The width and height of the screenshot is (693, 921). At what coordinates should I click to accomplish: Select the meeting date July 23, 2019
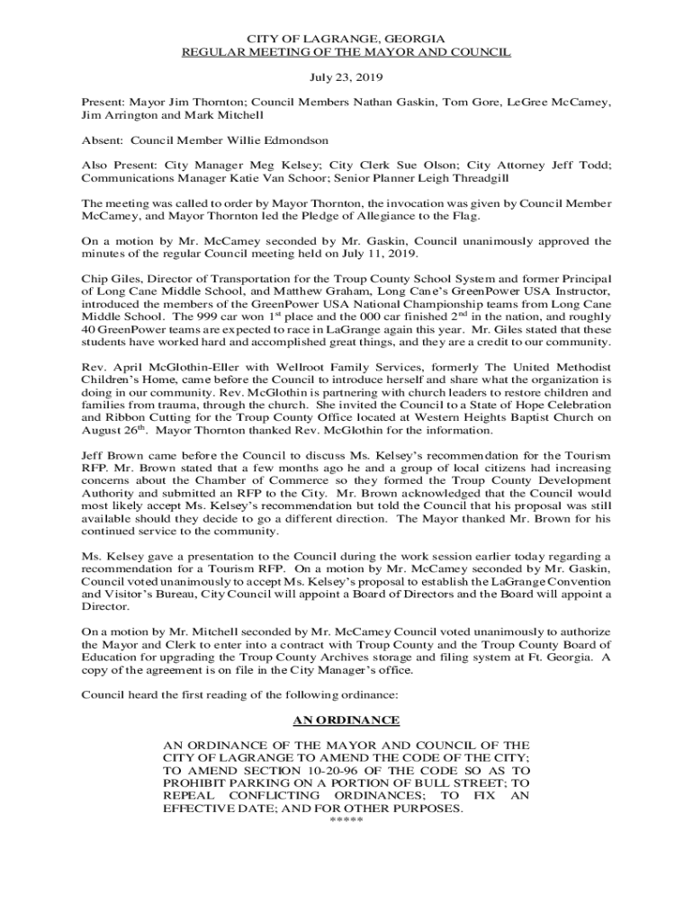click(x=346, y=79)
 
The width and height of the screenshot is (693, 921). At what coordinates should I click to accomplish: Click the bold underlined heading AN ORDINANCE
click(x=346, y=720)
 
